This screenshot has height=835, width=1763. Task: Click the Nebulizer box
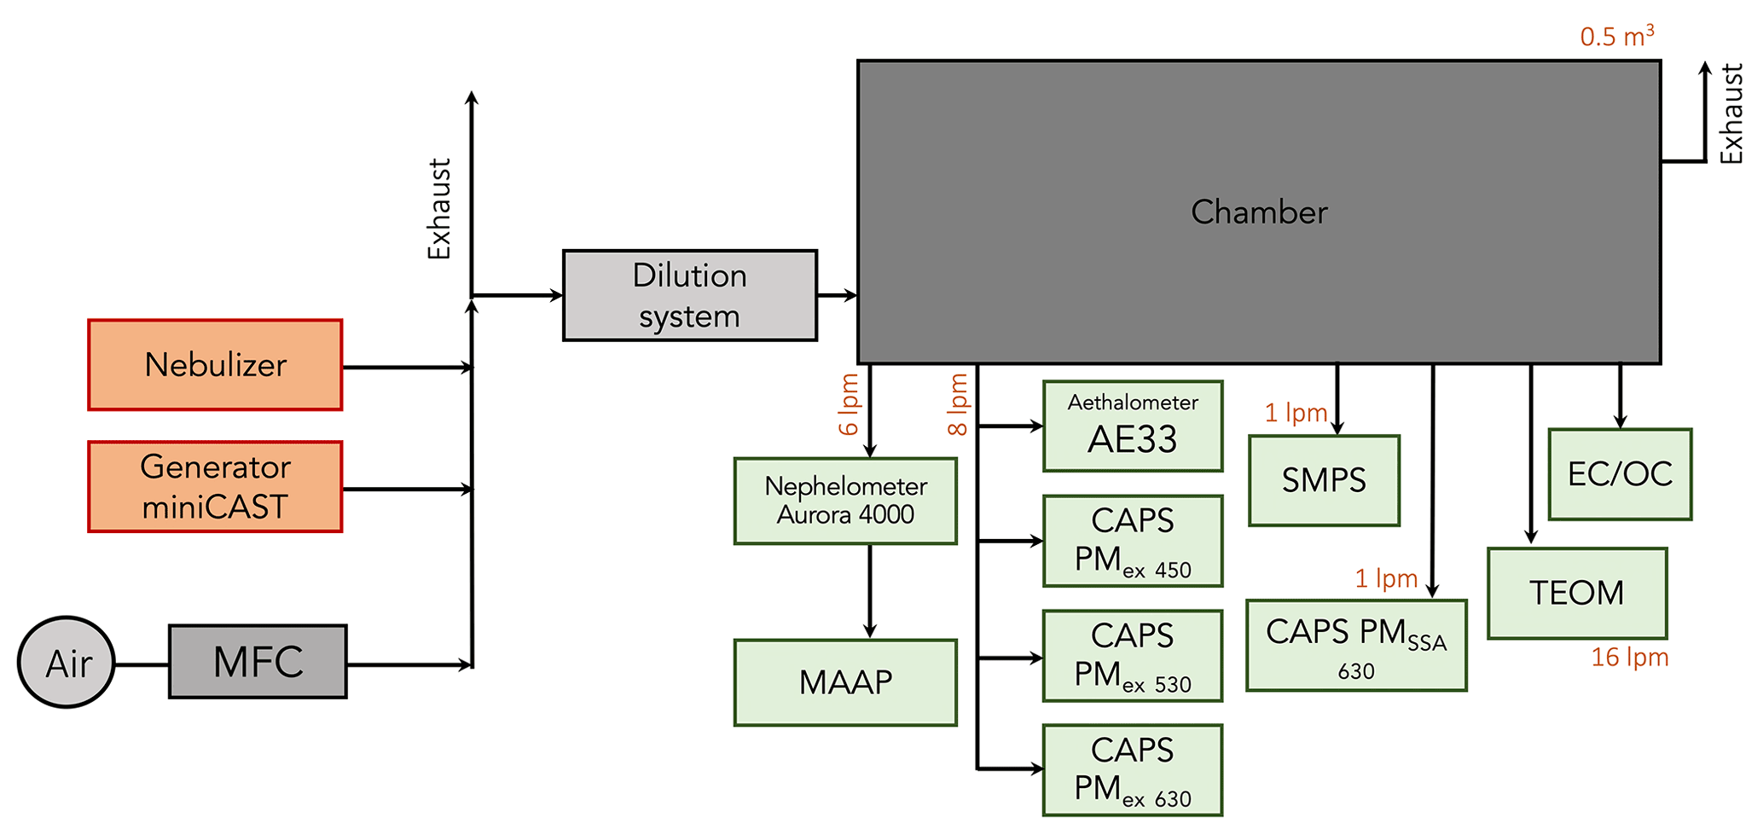point(215,365)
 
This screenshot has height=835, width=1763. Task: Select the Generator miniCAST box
point(215,487)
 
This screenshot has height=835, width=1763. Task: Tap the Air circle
point(67,663)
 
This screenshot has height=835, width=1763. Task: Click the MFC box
point(258,662)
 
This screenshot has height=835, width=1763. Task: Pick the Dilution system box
point(689,296)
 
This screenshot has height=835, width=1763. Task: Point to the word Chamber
point(1259,212)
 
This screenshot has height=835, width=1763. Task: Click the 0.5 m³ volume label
point(1616,36)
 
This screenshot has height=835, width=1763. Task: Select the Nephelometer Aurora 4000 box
point(845,502)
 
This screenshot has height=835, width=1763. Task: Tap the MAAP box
point(845,682)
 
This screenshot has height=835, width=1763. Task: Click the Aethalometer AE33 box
point(1133,426)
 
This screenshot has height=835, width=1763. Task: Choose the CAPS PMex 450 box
point(1133,542)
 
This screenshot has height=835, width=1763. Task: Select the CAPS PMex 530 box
point(1133,656)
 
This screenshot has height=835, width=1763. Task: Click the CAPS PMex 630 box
point(1133,770)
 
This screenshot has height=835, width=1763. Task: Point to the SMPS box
point(1324,481)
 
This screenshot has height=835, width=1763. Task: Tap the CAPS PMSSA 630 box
point(1356,646)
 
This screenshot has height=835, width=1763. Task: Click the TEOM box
point(1577,594)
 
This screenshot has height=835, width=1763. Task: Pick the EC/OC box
point(1620,474)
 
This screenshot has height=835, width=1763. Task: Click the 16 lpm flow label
point(1629,658)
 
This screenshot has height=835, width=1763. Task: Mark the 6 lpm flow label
point(849,404)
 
